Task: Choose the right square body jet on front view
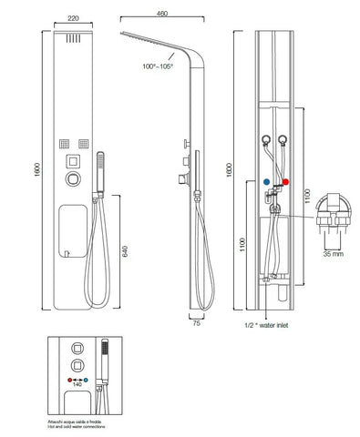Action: (x=84, y=143)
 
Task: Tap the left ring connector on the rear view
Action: (x=265, y=138)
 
